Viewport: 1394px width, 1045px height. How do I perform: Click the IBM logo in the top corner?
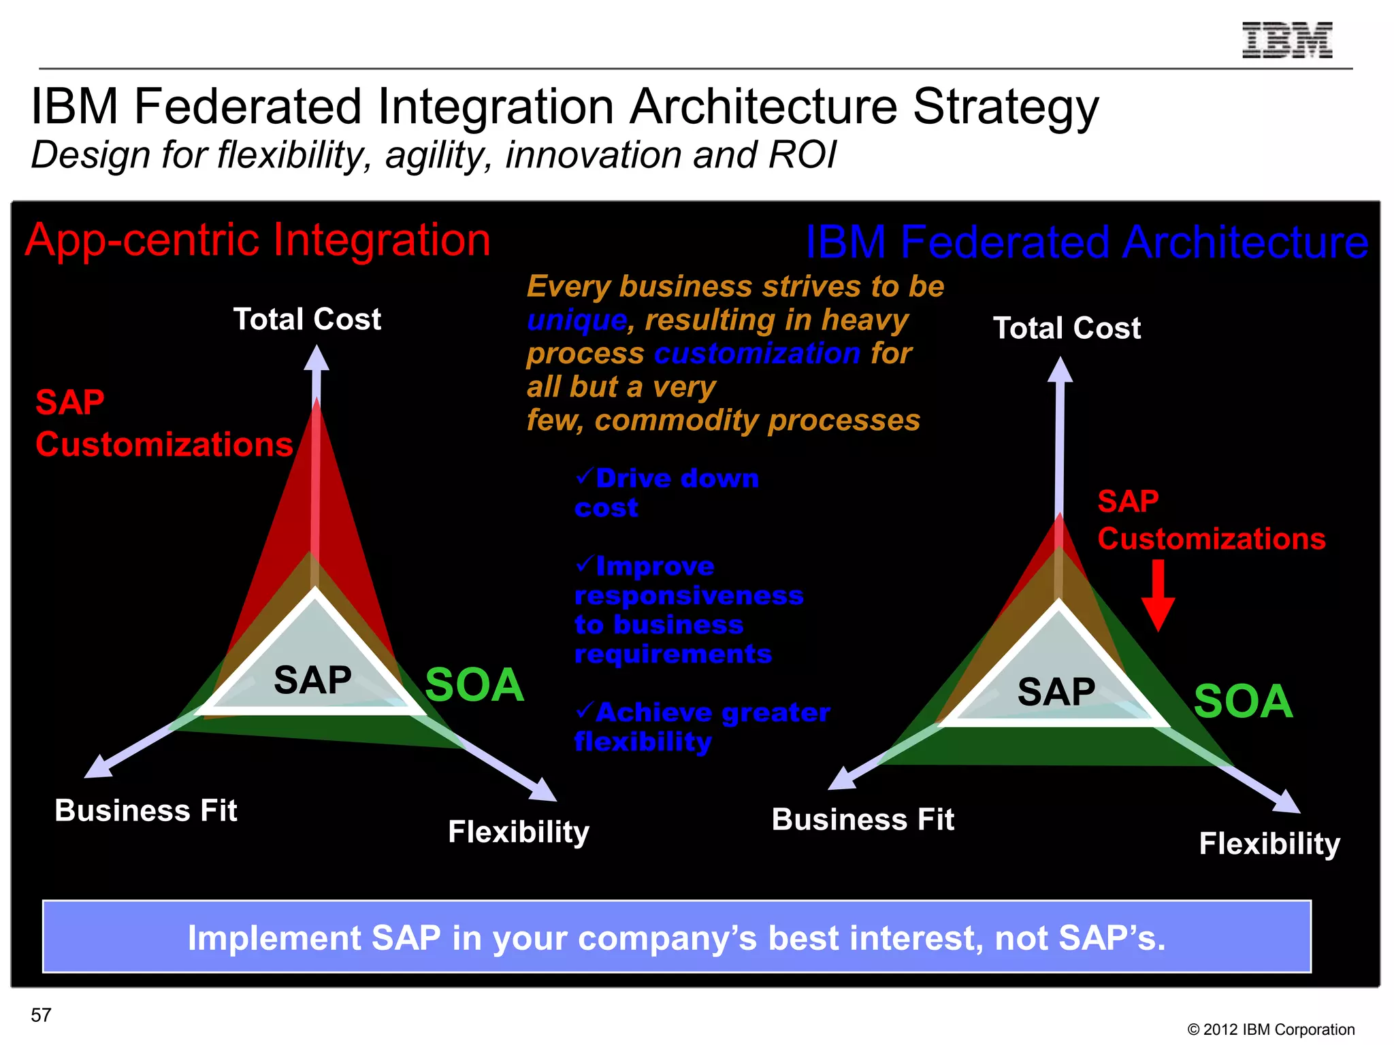point(1286,40)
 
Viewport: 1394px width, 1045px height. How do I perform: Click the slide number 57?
point(41,1015)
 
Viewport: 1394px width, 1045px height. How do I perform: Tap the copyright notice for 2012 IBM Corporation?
point(1271,1029)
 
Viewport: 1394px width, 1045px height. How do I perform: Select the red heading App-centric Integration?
point(257,240)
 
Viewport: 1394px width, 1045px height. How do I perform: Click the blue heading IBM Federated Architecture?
point(1086,242)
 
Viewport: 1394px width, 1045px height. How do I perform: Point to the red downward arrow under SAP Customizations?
point(1158,596)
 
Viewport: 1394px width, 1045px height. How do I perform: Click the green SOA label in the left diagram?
point(474,685)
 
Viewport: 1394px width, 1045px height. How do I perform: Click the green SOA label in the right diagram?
point(1243,701)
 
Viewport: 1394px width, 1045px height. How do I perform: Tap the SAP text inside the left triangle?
point(312,680)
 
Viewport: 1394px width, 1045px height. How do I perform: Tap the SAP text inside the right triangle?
point(1056,692)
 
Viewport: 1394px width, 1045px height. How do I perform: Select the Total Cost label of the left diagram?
point(307,319)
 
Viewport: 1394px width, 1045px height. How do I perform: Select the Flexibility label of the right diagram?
point(1269,844)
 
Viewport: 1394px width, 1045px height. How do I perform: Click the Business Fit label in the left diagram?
point(146,810)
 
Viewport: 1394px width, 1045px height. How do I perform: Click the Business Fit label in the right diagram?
point(862,819)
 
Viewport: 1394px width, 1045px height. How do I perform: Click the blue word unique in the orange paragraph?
point(577,320)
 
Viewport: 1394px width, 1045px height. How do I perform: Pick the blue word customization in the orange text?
point(757,353)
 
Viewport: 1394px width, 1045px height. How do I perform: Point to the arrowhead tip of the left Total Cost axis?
point(316,348)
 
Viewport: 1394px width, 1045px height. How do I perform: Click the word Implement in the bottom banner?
point(274,938)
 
